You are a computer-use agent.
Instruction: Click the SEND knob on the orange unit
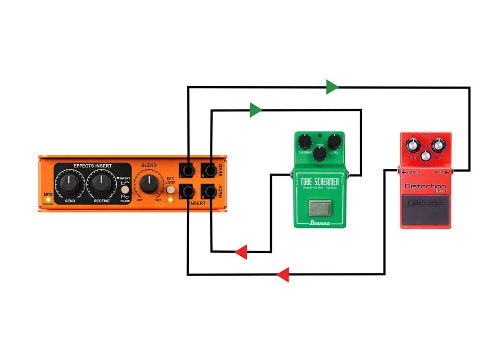point(70,184)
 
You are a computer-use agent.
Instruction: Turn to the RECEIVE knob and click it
point(101,184)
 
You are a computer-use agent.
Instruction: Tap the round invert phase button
point(125,190)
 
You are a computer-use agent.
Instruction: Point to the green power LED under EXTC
point(48,199)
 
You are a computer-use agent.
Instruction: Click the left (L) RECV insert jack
point(188,191)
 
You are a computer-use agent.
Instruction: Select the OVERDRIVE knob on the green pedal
point(305,141)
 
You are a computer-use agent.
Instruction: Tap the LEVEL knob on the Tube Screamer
point(334,141)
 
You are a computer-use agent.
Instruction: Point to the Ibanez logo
point(320,222)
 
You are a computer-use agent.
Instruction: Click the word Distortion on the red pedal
point(425,186)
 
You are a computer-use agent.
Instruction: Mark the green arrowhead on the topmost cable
point(332,87)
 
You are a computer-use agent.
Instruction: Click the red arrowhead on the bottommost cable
point(283,275)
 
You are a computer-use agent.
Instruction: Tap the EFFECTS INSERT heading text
point(93,166)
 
